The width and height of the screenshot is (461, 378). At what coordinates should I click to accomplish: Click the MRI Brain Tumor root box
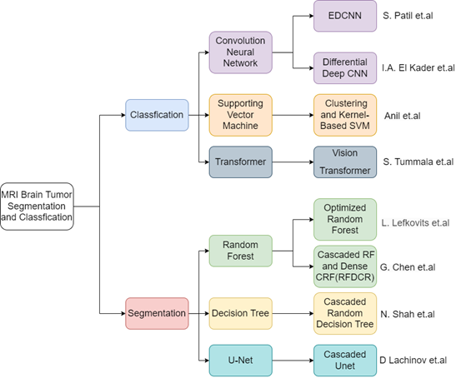[x=37, y=206]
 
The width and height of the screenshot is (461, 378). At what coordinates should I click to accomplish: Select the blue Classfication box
[x=157, y=115]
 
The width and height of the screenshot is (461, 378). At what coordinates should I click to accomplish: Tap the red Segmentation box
[x=157, y=313]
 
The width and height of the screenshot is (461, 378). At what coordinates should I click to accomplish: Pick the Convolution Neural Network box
[x=240, y=52]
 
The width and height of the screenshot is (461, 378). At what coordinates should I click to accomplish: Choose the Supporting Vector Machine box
[x=240, y=115]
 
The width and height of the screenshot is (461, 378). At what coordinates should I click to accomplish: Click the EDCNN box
[x=345, y=16]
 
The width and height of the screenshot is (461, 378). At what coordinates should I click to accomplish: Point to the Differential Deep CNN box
[x=345, y=67]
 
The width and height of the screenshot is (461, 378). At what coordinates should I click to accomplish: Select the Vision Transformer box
[x=345, y=162]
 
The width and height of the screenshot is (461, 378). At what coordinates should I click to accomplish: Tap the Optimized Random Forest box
[x=345, y=220]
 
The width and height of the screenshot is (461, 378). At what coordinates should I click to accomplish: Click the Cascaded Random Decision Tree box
[x=345, y=313]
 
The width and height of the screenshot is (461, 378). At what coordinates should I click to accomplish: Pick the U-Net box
[x=240, y=361]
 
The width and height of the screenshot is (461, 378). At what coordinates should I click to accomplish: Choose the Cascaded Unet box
[x=345, y=361]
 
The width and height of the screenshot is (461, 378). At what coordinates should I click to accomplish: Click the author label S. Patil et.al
[x=408, y=16]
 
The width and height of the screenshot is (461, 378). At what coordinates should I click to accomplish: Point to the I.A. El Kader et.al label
[x=418, y=67]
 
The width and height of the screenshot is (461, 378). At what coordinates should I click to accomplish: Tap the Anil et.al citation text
[x=402, y=116]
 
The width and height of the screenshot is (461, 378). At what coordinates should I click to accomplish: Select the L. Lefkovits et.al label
[x=415, y=223]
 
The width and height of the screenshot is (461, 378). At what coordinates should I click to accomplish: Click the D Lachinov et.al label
[x=413, y=360]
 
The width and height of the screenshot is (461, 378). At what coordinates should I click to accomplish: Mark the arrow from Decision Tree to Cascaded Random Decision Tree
[x=293, y=313]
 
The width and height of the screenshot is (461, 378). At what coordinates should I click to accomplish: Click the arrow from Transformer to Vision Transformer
[x=293, y=162]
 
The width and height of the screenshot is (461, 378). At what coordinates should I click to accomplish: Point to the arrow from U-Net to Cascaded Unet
[x=293, y=361]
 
